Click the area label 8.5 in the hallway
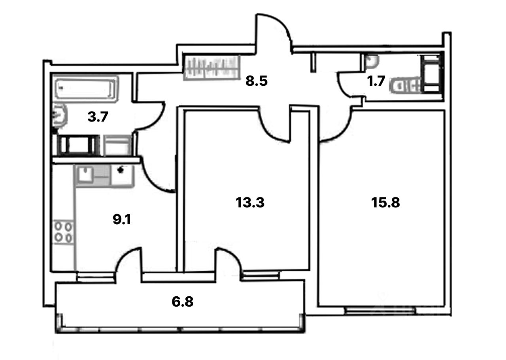[x=257, y=81]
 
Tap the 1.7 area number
[x=376, y=81]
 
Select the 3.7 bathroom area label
[x=97, y=117]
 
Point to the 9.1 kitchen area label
[x=122, y=220]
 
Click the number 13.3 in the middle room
[x=249, y=203]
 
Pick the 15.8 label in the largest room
[x=385, y=203]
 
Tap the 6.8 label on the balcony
[x=183, y=303]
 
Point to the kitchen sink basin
[x=85, y=174]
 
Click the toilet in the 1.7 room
[x=405, y=85]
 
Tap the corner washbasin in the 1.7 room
[x=372, y=61]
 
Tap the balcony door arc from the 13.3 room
[x=229, y=259]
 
